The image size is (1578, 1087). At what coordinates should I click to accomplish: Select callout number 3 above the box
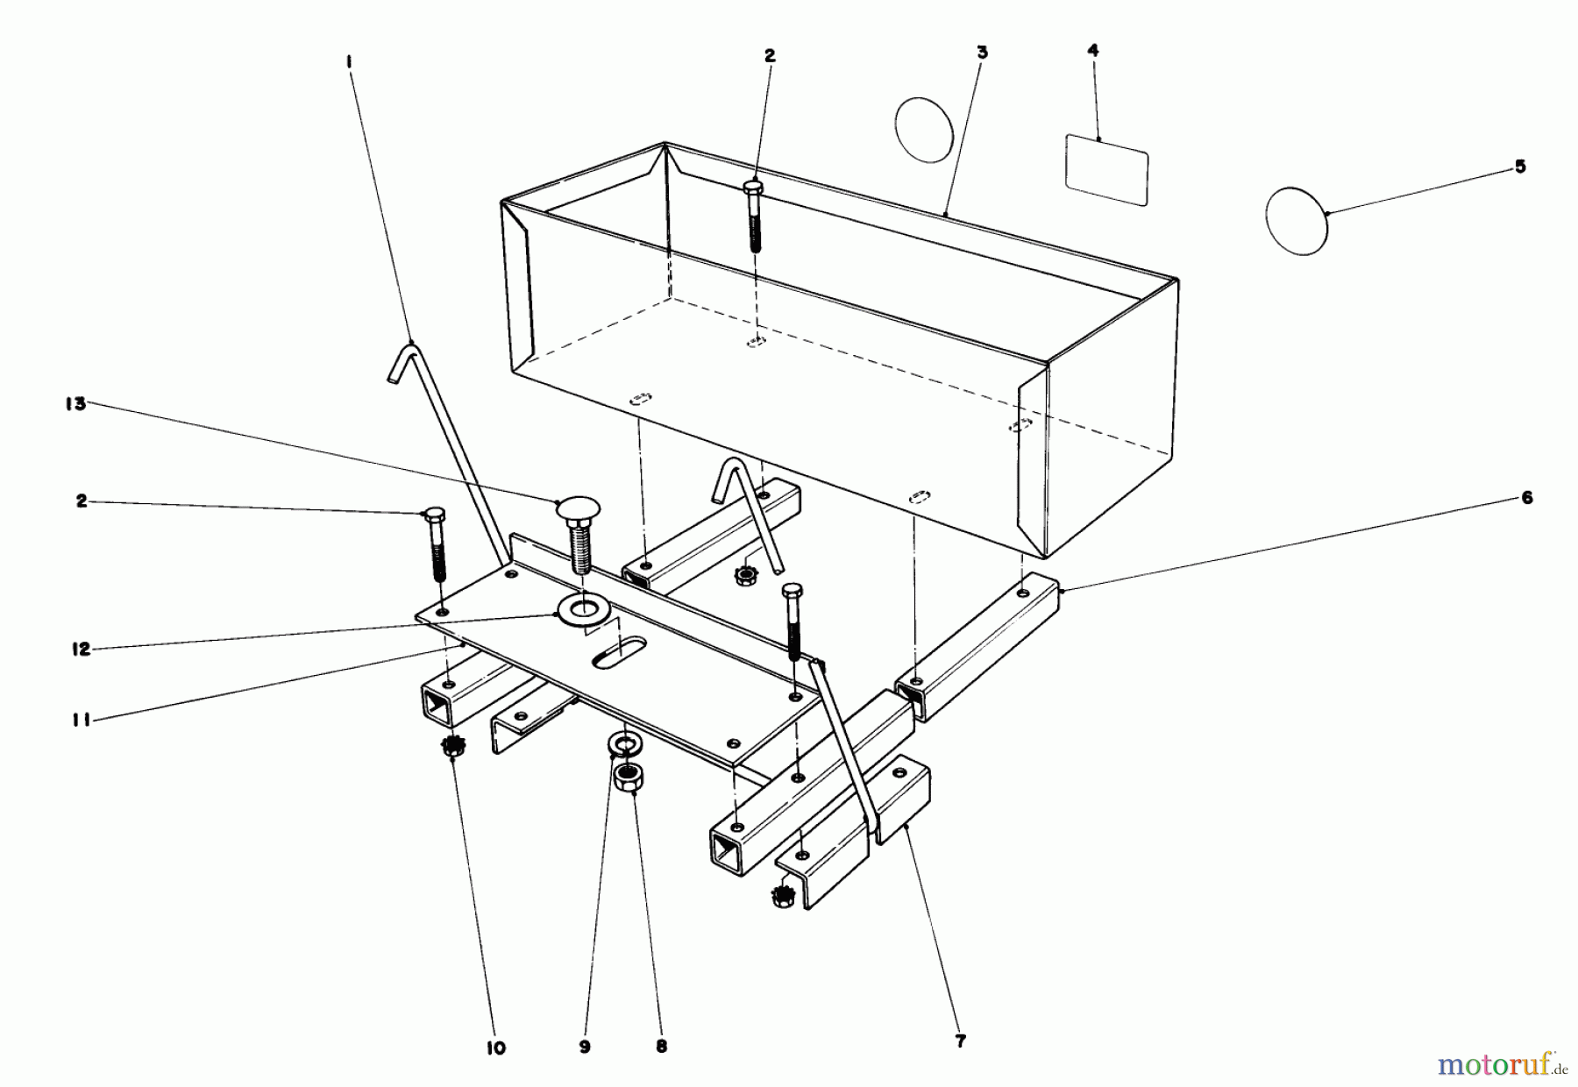click(982, 53)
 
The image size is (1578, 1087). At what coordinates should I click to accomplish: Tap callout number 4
click(1092, 51)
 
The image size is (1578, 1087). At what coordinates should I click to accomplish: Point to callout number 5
click(1519, 167)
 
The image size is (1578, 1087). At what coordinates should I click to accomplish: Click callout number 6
click(1526, 498)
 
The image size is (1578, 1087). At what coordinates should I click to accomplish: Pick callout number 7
click(960, 1041)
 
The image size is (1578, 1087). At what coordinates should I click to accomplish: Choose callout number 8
click(661, 1046)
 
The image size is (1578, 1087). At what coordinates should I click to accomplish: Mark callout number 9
click(585, 1046)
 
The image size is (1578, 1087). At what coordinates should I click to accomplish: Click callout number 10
click(495, 1048)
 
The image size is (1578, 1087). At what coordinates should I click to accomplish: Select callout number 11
click(82, 722)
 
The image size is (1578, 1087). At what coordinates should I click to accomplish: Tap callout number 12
click(81, 650)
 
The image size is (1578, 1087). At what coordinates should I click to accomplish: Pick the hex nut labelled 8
click(626, 775)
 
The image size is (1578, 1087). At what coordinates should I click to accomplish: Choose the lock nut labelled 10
click(452, 748)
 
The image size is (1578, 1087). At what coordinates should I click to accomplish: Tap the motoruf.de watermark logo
click(1502, 1064)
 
